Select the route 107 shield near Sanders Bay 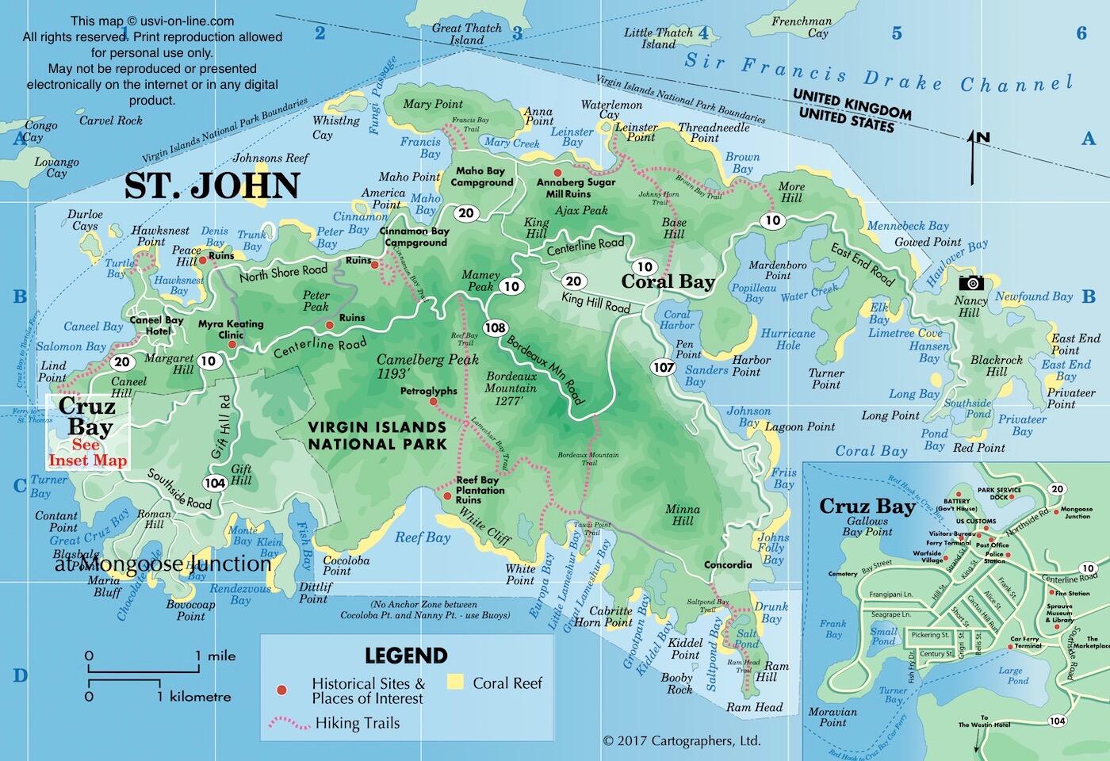coord(663,367)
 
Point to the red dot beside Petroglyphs coord(433,402)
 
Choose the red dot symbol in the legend coord(281,690)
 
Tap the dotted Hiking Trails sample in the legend coord(289,723)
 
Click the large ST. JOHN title coord(212,186)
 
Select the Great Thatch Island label coord(467,33)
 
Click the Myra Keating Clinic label coord(231,329)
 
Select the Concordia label coord(727,565)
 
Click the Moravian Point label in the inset coord(832,717)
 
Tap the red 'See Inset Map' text coord(87,453)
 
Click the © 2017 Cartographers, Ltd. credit coord(681,741)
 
